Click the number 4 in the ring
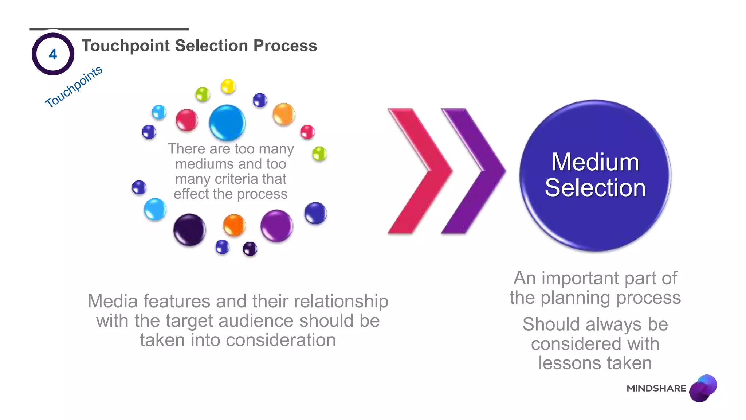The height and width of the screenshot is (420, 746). tap(53, 54)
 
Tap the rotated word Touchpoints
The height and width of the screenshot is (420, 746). tap(74, 87)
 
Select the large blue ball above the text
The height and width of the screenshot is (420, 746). tap(227, 123)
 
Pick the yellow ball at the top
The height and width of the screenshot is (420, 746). tap(228, 86)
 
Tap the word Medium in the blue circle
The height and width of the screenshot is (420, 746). tap(595, 162)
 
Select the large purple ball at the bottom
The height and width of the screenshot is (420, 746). tap(276, 226)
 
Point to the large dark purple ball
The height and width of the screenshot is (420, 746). tap(189, 230)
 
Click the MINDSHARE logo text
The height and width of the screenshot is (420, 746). tap(656, 389)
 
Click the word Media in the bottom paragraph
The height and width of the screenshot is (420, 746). tap(113, 302)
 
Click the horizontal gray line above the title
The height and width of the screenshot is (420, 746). tap(109, 29)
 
